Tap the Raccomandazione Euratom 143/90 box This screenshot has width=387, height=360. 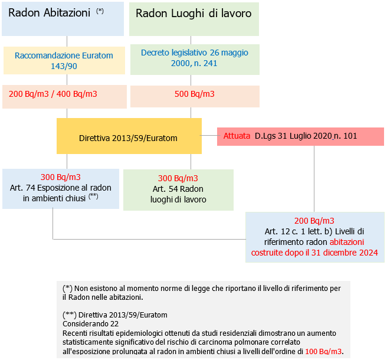point(64,60)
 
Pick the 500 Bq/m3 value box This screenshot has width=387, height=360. point(194,94)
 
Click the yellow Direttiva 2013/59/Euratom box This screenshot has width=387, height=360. point(129,138)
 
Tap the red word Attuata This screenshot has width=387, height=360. point(237,136)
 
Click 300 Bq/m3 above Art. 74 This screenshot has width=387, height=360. point(61,177)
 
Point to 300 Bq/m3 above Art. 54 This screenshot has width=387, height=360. point(178,178)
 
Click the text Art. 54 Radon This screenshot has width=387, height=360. point(178,189)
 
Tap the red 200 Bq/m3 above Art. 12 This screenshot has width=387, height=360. point(314,220)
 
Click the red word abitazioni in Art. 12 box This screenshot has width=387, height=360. point(346,242)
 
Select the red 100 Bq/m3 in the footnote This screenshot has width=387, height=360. point(323,351)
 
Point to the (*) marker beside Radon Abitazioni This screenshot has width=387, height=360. point(100,11)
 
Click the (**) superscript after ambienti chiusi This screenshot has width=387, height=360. point(93,196)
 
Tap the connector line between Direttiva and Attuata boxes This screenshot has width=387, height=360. point(209,136)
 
